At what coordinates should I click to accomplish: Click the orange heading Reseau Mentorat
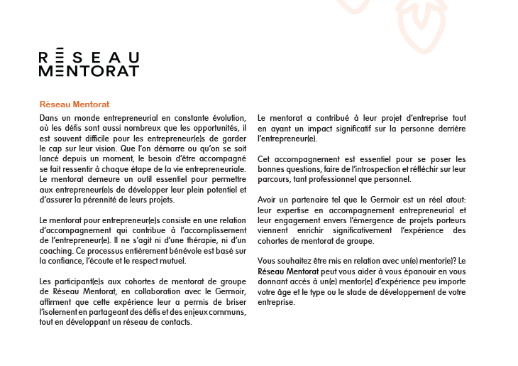pos(75,104)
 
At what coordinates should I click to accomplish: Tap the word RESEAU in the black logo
pos(89,57)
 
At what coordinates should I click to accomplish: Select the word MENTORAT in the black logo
pos(89,71)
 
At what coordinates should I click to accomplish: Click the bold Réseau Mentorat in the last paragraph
pos(286,271)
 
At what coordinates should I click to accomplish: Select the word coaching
pos(56,251)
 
